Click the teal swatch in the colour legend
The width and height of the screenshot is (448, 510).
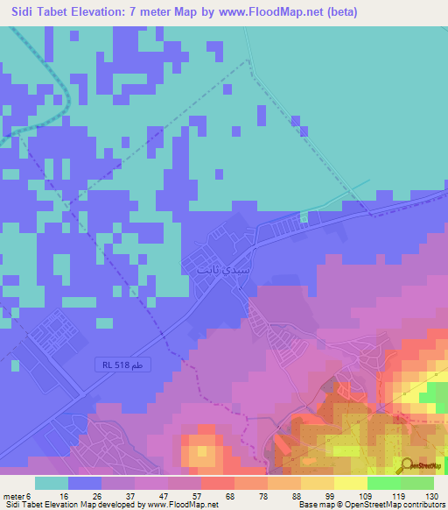[x=52, y=483]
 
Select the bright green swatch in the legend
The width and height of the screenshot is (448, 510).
[x=384, y=483]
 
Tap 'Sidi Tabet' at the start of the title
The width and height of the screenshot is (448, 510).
[x=33, y=12]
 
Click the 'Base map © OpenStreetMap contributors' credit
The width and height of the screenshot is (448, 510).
[x=371, y=505]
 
